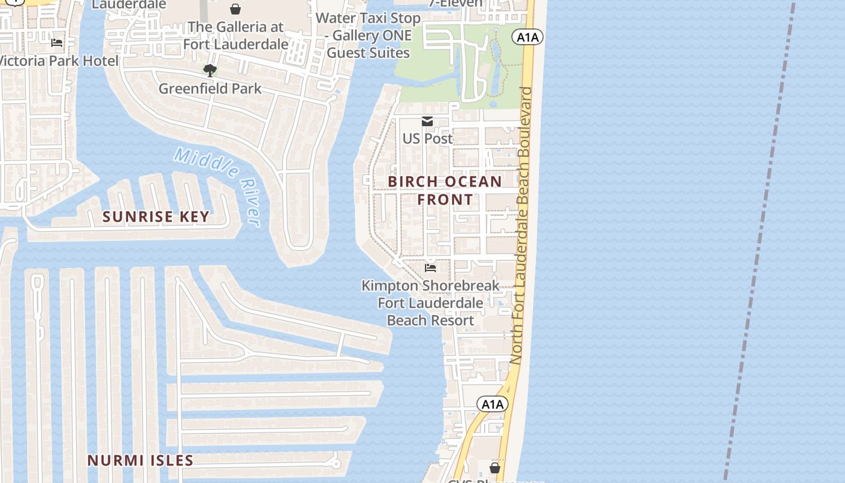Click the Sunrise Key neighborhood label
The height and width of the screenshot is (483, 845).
[156, 217]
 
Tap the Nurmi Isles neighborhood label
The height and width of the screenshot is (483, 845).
[141, 460]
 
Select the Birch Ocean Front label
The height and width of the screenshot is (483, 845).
[445, 190]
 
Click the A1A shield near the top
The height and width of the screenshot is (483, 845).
[528, 37]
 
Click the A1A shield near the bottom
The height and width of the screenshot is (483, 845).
[492, 404]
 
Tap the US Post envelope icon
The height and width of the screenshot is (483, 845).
[427, 122]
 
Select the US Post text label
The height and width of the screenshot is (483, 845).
[427, 138]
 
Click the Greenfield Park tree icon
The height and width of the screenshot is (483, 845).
[210, 71]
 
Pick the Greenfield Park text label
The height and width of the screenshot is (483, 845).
[210, 89]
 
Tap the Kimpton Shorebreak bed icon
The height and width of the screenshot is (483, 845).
[430, 267]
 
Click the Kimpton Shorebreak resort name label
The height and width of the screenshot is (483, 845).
[430, 302]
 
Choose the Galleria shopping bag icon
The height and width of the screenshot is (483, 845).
[235, 9]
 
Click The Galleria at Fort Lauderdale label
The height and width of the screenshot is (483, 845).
[235, 36]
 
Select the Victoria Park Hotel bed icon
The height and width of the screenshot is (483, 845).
[57, 43]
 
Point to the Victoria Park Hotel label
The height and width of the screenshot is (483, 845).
[59, 61]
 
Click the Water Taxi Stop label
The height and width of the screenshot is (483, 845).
[368, 35]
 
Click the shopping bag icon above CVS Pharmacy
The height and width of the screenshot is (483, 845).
[495, 468]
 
